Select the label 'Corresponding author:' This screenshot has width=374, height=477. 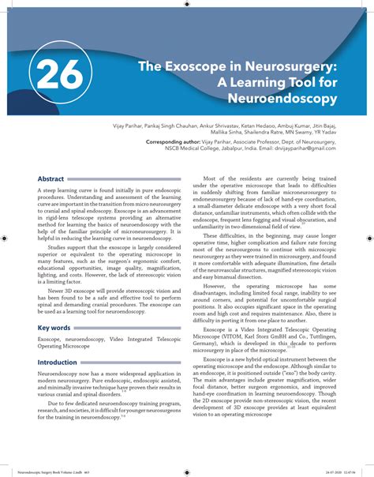178,141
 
